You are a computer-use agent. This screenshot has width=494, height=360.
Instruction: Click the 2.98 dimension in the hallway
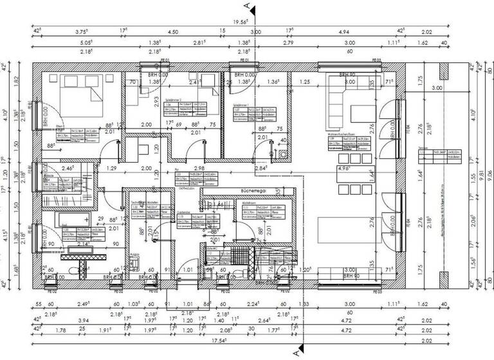tap(199, 168)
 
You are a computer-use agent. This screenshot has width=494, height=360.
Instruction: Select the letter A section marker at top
tap(247, 6)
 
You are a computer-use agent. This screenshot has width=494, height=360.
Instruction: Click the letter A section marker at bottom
tap(296, 353)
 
